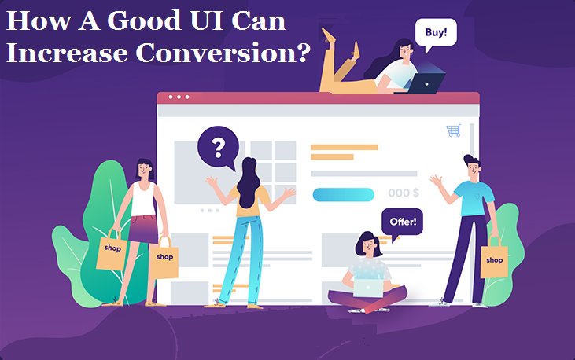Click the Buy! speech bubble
[437, 35]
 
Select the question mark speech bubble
[219, 146]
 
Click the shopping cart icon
[453, 130]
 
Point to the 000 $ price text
[404, 193]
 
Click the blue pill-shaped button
[343, 194]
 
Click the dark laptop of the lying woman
[426, 83]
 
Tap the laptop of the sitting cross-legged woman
[367, 287]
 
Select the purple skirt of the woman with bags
[143, 229]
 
